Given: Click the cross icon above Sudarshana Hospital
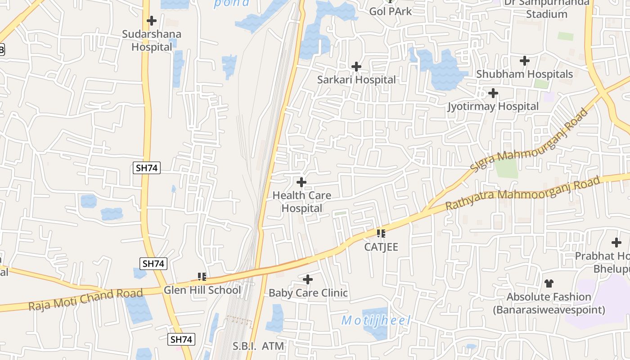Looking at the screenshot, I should (152, 21).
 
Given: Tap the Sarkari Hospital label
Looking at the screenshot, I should (356, 80).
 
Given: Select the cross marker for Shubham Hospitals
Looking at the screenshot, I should (524, 61).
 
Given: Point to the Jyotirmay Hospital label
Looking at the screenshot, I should (493, 107).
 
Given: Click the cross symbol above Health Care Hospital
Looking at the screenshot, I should (301, 182).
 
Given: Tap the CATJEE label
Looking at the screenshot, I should (381, 247).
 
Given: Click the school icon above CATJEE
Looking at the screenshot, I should (381, 234).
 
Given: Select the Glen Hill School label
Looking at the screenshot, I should (202, 290).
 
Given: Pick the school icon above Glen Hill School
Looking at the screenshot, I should (202, 276).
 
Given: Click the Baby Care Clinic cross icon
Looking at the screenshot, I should (308, 280).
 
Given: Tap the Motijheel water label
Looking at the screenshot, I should (376, 321).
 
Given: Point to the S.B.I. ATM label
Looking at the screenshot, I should (258, 346).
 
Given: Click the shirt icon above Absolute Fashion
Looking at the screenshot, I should (549, 283).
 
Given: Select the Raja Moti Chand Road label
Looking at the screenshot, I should (85, 300).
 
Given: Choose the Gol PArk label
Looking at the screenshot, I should (390, 11).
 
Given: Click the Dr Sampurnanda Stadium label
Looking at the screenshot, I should (546, 8).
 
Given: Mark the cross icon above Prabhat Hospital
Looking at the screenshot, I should (616, 243).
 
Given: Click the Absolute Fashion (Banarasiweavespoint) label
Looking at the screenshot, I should (549, 303).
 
